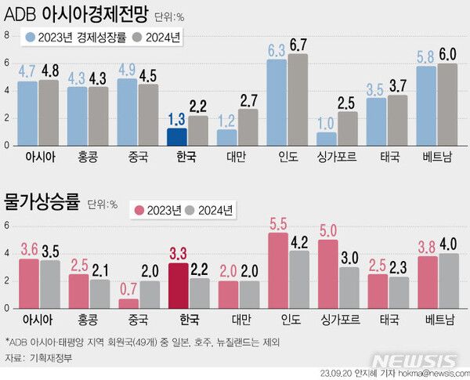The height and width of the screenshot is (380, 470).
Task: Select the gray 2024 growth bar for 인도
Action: click(x=298, y=100)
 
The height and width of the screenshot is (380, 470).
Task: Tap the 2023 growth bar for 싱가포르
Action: click(x=327, y=139)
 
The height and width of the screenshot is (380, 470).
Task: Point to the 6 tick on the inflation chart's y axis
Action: click(x=6, y=226)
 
